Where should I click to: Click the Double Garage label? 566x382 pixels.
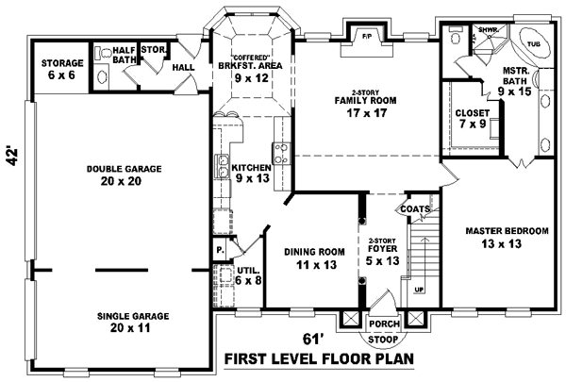click(124, 175)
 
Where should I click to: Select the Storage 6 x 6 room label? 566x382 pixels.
click(61, 69)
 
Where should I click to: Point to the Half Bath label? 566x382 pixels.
click(124, 56)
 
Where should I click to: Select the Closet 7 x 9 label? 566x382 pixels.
click(472, 118)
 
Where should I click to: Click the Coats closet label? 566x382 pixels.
click(415, 209)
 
